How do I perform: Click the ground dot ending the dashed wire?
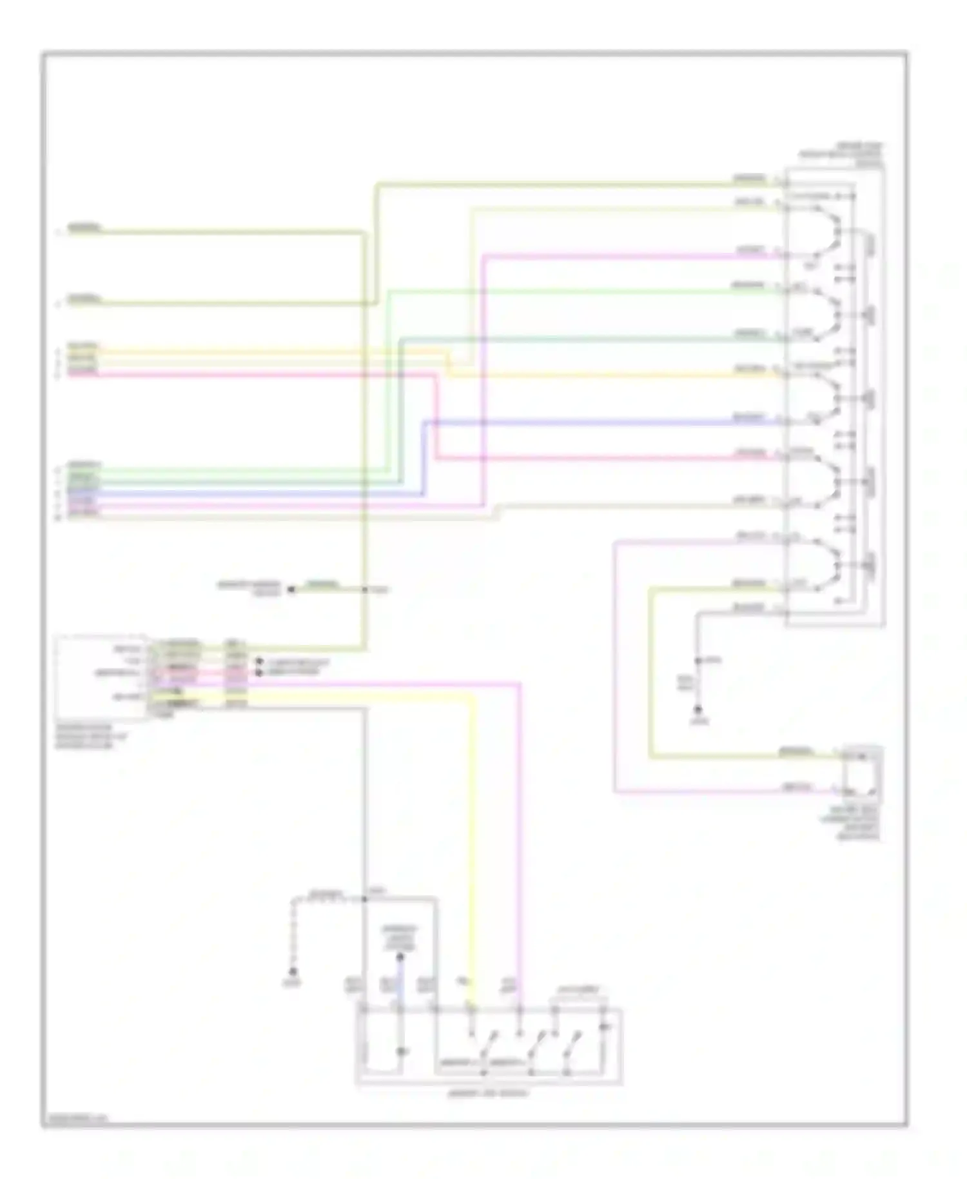pos(293,971)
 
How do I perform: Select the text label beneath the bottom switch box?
pos(487,1094)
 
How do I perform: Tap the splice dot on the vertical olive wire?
pos(365,589)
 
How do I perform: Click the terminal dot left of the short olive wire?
pos(291,589)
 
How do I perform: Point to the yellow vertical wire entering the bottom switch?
pos(474,838)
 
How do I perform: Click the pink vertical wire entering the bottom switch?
pos(520,838)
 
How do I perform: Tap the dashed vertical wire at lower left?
pos(293,935)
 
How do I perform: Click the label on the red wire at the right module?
pos(750,453)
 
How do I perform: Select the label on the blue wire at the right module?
pos(750,417)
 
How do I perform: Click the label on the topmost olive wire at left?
pos(84,228)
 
